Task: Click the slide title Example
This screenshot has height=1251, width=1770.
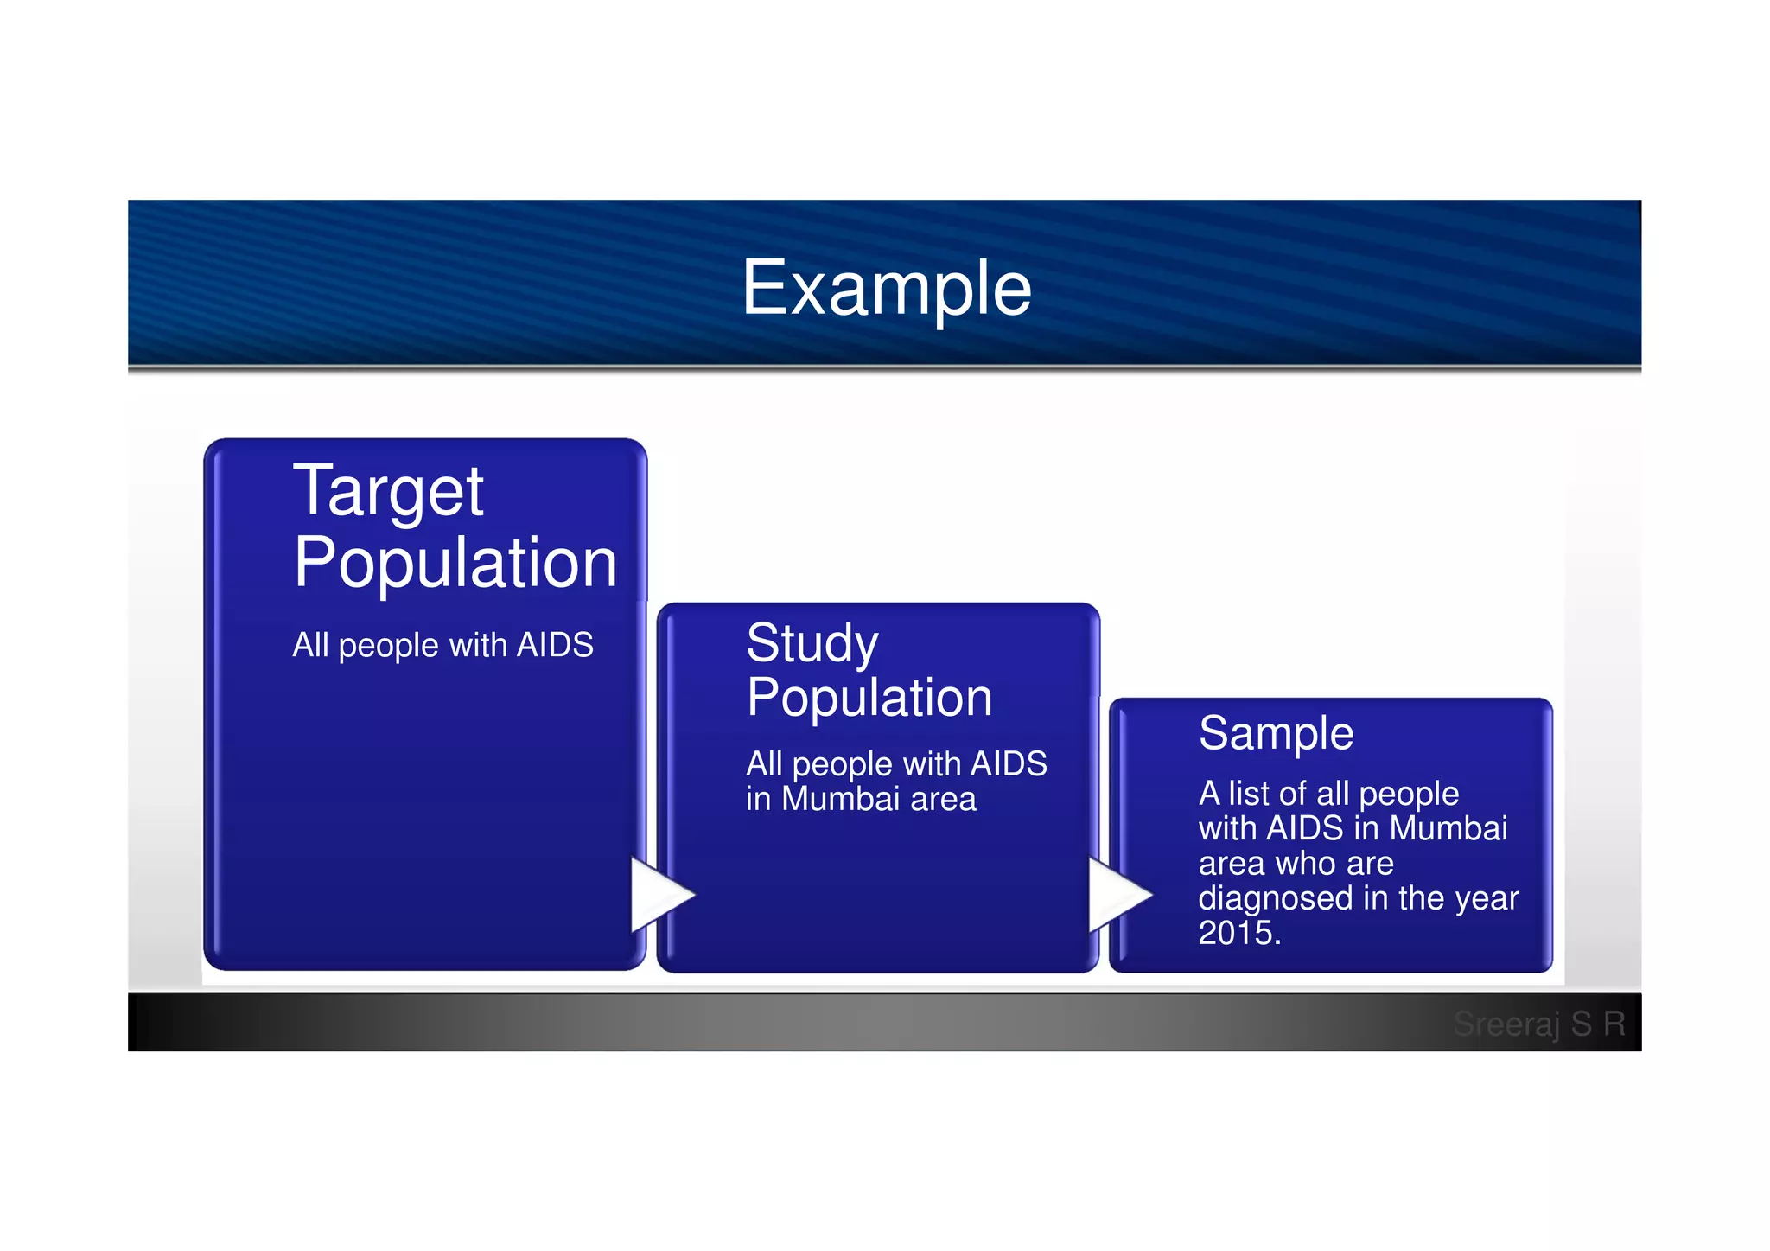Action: point(886,288)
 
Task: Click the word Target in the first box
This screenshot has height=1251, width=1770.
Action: point(388,492)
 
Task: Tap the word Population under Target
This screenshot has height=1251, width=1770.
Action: point(455,564)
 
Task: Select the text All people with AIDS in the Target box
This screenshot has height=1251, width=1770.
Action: point(442,645)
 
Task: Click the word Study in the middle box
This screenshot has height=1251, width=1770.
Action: point(812,644)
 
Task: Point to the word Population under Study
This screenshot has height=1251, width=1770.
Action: point(869,698)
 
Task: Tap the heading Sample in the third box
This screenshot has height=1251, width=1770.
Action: point(1276,734)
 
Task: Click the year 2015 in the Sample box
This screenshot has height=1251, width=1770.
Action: point(1236,933)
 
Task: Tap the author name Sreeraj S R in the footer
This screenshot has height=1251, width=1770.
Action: point(1538,1024)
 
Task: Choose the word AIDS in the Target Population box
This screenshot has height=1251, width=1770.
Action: point(554,645)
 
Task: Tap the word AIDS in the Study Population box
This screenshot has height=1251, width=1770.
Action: point(1008,764)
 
